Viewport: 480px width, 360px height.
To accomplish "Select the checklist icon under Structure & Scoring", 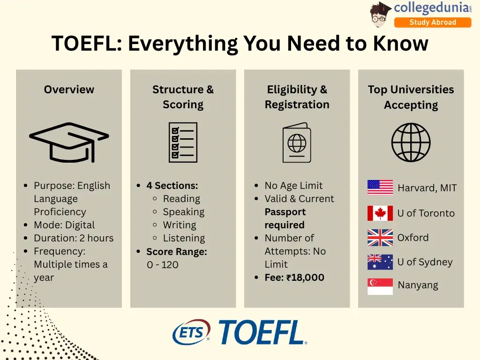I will tap(183, 142).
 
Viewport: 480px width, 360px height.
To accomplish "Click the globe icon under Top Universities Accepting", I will tap(411, 142).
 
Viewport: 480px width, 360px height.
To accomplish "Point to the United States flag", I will tap(380, 187).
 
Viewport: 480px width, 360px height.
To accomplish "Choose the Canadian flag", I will tap(380, 213).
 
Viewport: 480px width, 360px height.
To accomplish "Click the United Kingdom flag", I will tap(380, 238).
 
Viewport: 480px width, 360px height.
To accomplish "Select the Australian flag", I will tap(380, 262).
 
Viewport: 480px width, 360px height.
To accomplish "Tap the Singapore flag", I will tap(380, 286).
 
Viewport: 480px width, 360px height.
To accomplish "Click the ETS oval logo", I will tap(191, 333).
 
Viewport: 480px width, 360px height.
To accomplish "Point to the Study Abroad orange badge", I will tap(432, 22).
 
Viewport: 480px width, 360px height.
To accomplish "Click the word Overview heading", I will tap(69, 90).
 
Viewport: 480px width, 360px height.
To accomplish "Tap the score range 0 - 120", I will tap(163, 265).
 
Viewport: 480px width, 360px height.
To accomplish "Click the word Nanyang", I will tap(418, 285).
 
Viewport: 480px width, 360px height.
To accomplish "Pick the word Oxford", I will tap(413, 238).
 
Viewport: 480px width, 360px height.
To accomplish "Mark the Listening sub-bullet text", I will tap(184, 238).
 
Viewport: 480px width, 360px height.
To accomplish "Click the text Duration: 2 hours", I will tap(74, 238).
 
